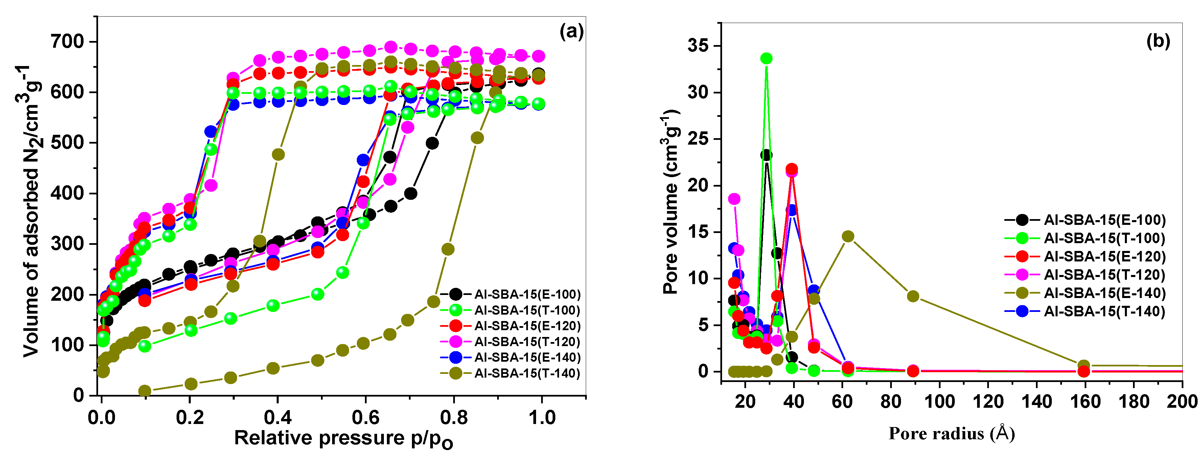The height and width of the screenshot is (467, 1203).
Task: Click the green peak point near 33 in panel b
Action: (x=766, y=59)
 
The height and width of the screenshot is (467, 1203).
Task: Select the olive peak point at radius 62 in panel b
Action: (x=848, y=236)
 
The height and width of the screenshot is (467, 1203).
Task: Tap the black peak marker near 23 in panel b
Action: (x=766, y=155)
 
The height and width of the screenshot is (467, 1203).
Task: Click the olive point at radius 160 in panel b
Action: (x=1084, y=365)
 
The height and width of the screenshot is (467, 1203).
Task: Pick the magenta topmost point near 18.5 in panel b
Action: (x=734, y=199)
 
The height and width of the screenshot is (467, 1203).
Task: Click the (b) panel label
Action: (x=1158, y=41)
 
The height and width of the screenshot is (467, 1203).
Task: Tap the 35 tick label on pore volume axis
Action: (x=697, y=46)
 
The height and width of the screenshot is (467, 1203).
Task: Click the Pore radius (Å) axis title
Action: (x=951, y=433)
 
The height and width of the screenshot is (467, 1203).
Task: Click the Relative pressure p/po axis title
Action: (x=343, y=439)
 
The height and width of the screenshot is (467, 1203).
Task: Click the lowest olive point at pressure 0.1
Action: (x=145, y=391)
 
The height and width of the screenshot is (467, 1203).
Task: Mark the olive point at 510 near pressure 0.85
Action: (x=477, y=138)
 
